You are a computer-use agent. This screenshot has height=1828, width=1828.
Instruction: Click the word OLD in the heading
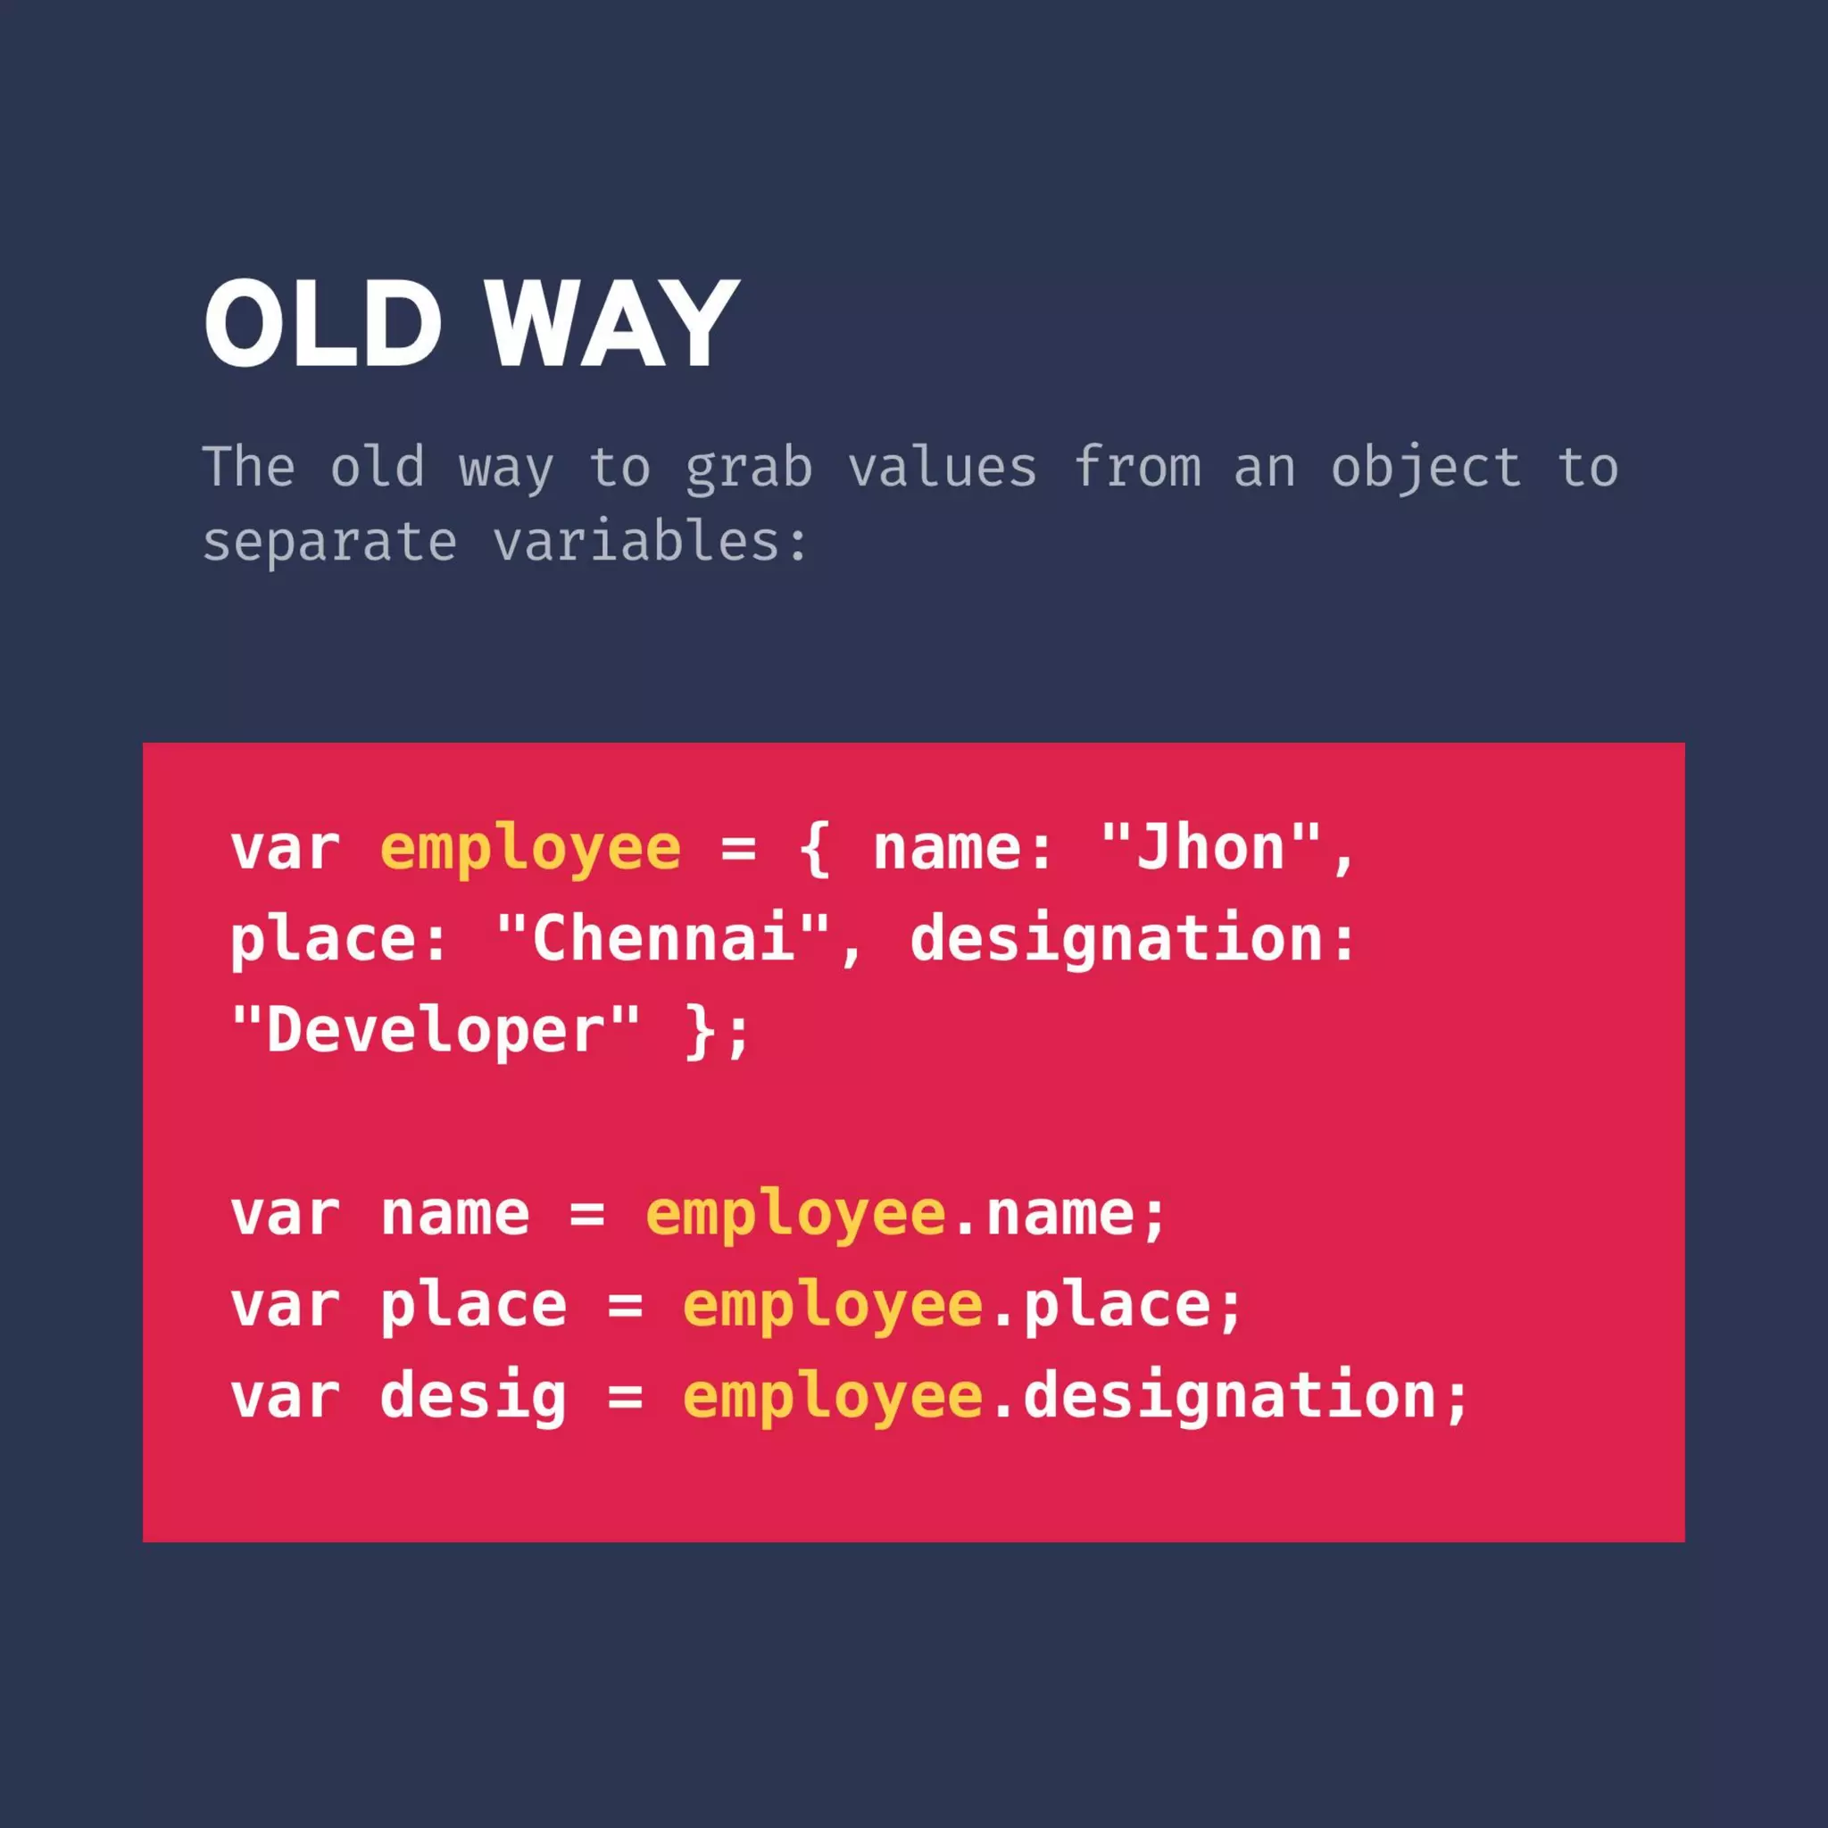pyautogui.click(x=322, y=325)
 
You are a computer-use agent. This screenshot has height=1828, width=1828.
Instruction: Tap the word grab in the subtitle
pyautogui.click(x=748, y=468)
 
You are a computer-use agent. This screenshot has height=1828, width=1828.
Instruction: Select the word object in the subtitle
pyautogui.click(x=1425, y=468)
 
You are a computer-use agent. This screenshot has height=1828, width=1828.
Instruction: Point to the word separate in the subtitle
pyautogui.click(x=329, y=543)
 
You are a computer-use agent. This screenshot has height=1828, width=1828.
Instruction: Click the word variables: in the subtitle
pyautogui.click(x=651, y=541)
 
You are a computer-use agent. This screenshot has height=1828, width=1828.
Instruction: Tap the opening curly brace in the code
pyautogui.click(x=815, y=849)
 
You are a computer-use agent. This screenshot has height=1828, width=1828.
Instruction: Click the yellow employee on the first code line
pyautogui.click(x=531, y=849)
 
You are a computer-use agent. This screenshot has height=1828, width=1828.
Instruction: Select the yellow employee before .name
pyautogui.click(x=795, y=1215)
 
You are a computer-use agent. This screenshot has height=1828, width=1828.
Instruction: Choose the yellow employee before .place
pyautogui.click(x=834, y=1307)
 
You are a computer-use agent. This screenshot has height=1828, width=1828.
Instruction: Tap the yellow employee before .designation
pyautogui.click(x=834, y=1398)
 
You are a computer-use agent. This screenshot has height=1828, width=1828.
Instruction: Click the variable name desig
pyautogui.click(x=473, y=1398)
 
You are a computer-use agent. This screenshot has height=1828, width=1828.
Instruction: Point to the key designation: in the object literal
pyautogui.click(x=1134, y=940)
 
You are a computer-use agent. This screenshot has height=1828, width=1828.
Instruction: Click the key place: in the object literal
pyautogui.click(x=338, y=940)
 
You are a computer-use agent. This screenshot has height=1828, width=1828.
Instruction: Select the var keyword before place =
pyautogui.click(x=285, y=1307)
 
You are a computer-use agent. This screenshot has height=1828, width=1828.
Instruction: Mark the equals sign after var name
pyautogui.click(x=587, y=1215)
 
